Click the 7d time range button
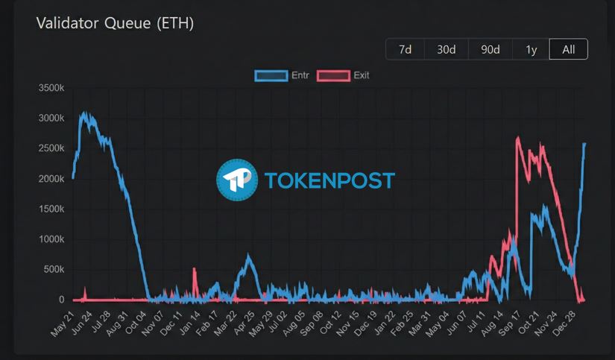405,50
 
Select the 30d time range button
446,50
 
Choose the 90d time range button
490,50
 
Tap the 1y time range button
531,50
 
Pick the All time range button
568,50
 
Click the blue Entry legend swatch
271,75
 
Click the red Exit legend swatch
333,75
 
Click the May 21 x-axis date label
63,323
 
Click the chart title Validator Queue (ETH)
115,23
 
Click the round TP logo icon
237,180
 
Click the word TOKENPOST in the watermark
329,180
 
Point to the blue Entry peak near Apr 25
249,257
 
